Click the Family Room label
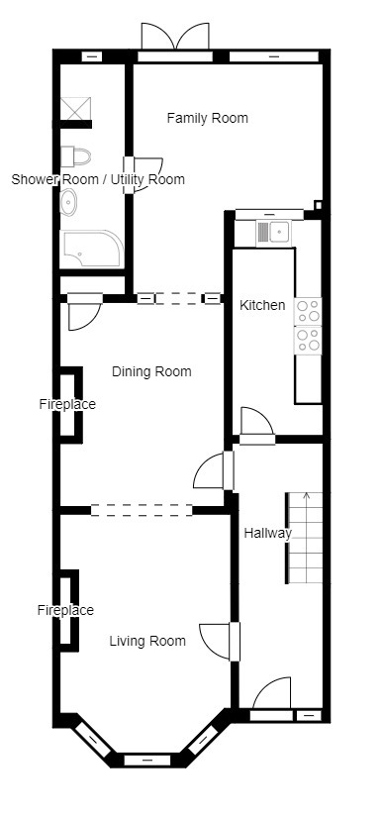coord(207,118)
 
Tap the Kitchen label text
coord(262,305)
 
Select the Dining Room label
coord(152,372)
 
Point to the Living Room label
coord(147,641)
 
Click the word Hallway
coord(268,534)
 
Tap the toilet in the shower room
coord(75,156)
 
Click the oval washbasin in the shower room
coord(68,202)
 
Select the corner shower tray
coord(93,249)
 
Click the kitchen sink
coord(274,232)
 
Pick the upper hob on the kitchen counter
coord(308,311)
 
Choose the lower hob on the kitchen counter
coord(308,340)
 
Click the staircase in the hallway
coord(304,538)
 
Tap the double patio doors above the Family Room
coord(175,38)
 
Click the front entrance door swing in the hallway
coord(272,693)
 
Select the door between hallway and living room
coord(219,642)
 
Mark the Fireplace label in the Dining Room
coord(67,404)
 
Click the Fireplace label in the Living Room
coord(65,610)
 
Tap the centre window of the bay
coord(147,761)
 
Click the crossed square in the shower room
coord(75,108)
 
